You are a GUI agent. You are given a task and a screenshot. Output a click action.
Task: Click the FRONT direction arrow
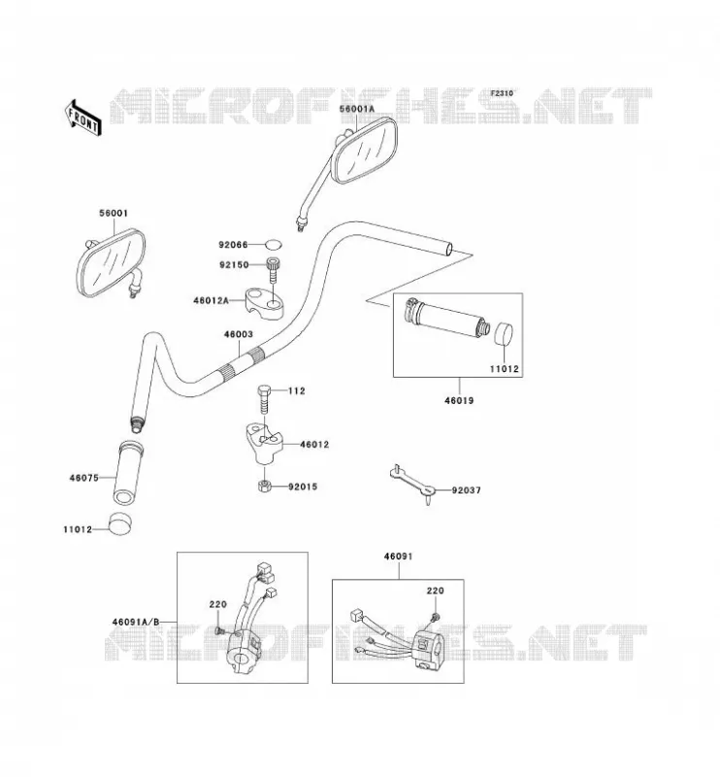pos(83,118)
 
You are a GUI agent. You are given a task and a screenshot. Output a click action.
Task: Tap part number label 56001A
pos(357,109)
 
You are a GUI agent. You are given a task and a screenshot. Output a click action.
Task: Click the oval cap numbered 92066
pos(273,245)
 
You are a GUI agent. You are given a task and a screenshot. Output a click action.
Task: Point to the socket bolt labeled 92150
pos(273,269)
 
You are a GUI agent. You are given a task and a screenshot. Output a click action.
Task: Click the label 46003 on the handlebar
pos(238,334)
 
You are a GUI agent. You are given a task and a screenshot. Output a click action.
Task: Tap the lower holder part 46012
pos(263,443)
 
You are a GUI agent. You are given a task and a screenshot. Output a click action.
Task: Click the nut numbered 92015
pos(264,487)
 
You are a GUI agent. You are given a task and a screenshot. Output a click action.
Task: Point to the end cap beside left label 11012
pos(120,524)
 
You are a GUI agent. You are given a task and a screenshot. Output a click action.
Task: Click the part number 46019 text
pos(459,400)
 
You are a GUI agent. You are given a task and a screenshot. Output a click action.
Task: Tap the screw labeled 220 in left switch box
pos(219,630)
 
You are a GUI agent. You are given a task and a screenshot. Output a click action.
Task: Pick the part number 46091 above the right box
pos(398,557)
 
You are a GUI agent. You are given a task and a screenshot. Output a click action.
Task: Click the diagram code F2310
pos(502,93)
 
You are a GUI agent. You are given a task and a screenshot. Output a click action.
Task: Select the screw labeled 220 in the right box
pos(436,617)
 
